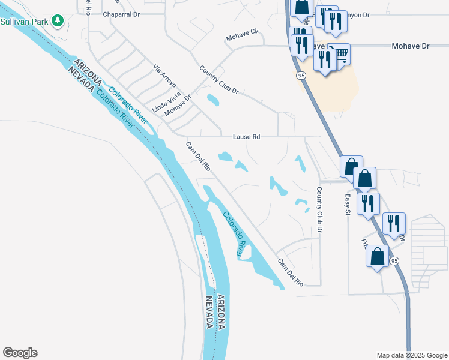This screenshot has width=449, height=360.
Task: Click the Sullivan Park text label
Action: (x=23, y=22)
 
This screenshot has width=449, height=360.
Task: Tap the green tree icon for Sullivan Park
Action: (x=58, y=22)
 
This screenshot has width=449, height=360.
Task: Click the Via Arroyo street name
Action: (x=164, y=76)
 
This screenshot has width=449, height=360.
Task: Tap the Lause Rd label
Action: (x=247, y=137)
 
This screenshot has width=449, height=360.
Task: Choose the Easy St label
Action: (x=347, y=205)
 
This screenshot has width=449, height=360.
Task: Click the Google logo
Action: (x=20, y=353)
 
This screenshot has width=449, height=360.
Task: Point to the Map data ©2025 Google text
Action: (x=411, y=355)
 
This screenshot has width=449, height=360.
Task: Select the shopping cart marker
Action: (x=340, y=55)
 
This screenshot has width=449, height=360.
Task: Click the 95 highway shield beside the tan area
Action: (x=301, y=76)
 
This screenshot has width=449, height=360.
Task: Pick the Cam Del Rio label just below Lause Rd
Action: (x=197, y=157)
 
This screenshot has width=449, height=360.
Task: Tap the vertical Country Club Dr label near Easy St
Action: (x=320, y=210)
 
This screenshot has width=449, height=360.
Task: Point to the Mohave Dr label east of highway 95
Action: (x=412, y=46)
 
